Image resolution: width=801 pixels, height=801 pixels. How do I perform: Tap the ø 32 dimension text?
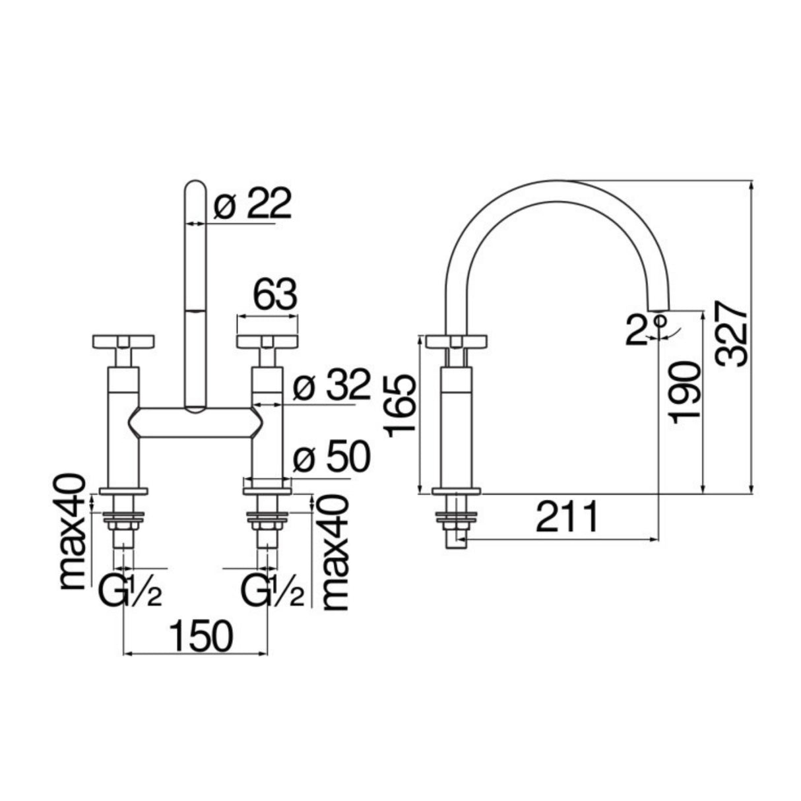331,387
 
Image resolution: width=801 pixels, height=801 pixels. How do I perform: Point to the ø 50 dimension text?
331,458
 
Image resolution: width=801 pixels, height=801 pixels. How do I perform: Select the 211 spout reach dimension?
567,517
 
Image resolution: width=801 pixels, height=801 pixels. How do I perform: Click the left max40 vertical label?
74,531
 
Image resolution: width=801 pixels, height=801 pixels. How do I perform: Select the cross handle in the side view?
457,342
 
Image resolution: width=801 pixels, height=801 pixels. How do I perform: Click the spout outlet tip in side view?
658,306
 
